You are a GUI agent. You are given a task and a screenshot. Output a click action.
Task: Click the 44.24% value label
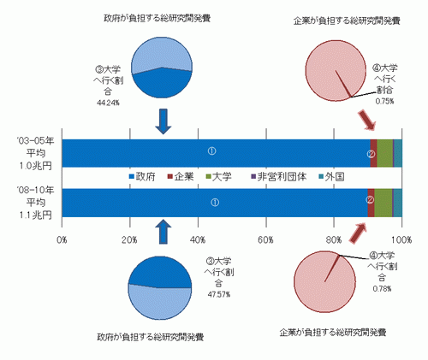point(108,103)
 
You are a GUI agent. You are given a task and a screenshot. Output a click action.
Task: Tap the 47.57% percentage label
point(219,294)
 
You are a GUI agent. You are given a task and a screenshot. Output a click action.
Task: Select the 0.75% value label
point(384,101)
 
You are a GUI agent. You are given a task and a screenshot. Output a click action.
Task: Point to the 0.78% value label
point(382,289)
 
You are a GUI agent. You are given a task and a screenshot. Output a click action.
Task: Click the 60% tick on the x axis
point(265,240)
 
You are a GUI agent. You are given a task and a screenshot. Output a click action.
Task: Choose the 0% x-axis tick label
point(62,240)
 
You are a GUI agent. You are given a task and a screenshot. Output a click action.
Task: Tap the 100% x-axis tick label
point(401,240)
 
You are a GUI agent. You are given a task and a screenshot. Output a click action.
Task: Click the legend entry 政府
point(142,177)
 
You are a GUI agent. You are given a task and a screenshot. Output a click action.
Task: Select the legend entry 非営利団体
point(278,177)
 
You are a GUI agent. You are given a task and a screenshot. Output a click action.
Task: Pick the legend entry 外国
point(331,177)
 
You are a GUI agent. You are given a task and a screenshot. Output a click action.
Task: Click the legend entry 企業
point(181,177)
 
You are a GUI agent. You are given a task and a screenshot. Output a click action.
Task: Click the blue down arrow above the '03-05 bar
point(163,121)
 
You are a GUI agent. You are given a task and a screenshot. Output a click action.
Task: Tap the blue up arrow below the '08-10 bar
point(163,232)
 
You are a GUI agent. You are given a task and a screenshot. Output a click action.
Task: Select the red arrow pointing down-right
point(366,120)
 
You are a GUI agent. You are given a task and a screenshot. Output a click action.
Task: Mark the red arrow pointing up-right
point(358,233)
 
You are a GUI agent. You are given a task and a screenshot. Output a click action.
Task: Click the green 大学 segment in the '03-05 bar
point(385,153)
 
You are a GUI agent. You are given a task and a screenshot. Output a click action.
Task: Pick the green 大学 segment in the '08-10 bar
point(383,203)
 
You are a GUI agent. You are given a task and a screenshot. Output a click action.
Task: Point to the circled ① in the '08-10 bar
point(215,203)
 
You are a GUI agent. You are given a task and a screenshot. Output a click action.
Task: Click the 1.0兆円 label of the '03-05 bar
point(36,166)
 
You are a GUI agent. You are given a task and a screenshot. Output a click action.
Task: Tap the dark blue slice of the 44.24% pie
point(163,85)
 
